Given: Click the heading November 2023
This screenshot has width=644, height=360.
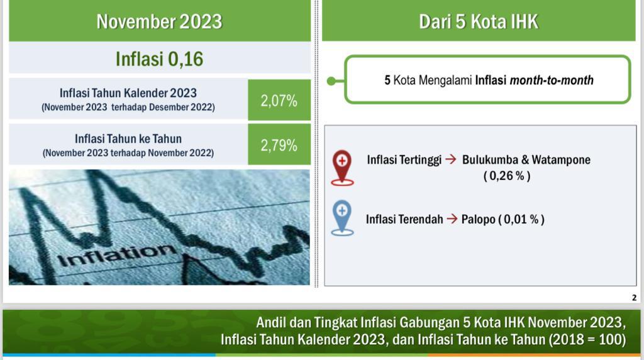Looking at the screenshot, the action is click(x=159, y=21).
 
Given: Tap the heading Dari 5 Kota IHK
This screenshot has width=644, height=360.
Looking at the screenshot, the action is click(x=479, y=21).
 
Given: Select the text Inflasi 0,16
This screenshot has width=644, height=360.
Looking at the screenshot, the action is click(x=159, y=59).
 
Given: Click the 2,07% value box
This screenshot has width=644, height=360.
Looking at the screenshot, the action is click(x=279, y=100).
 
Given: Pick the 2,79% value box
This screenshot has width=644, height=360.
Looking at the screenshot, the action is click(x=279, y=145).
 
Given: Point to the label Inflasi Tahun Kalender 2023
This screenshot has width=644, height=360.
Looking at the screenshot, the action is click(x=128, y=93).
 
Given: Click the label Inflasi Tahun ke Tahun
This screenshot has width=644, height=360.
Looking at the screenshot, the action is click(x=128, y=139).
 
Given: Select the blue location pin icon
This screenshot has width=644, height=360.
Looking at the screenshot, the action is click(x=342, y=218).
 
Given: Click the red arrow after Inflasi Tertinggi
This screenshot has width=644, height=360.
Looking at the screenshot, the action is click(x=451, y=159).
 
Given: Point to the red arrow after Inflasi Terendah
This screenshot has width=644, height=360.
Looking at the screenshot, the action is click(x=452, y=218).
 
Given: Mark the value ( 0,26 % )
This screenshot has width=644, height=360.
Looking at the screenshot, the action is click(x=507, y=176).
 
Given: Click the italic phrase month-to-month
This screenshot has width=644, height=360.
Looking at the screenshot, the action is click(x=552, y=80).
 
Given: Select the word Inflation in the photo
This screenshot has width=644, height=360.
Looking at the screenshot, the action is click(x=116, y=255).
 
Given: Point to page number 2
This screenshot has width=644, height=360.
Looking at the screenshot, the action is click(x=634, y=298).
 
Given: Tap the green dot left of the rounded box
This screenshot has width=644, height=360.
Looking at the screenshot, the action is click(x=331, y=81).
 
